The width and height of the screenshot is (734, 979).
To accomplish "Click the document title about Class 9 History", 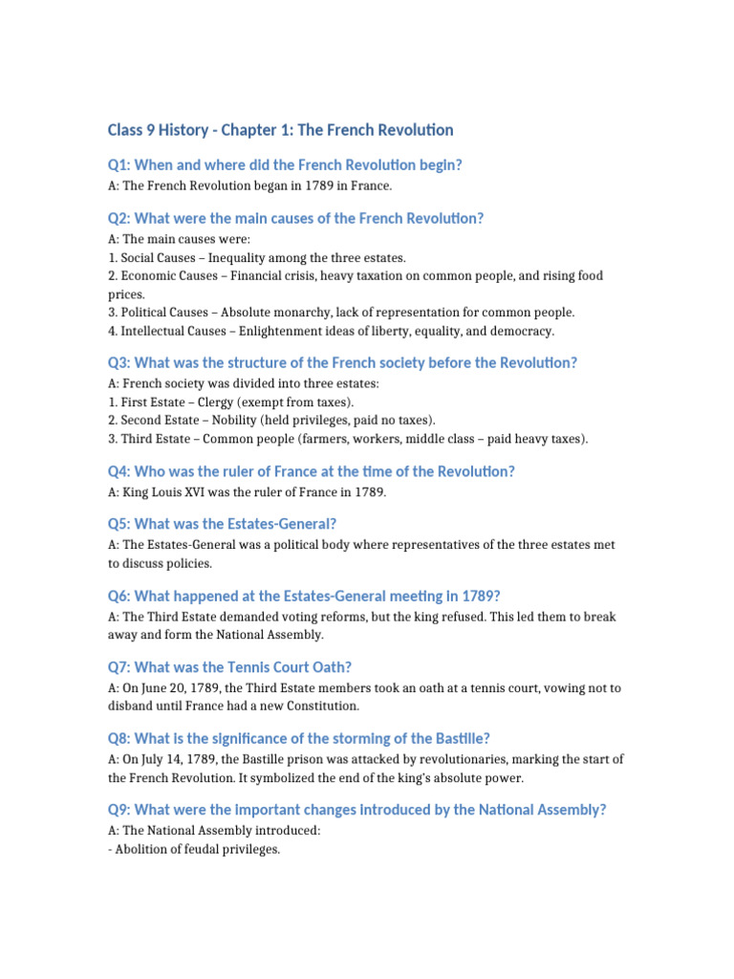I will point(280,130).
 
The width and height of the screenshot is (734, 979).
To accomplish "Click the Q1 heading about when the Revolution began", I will point(285,164).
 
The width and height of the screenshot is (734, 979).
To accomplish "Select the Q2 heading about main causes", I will point(295,218).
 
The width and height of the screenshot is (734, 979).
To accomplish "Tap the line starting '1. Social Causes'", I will point(257,257).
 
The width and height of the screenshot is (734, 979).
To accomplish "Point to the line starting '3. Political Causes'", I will point(341,312).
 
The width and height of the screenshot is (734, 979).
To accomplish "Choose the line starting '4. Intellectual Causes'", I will point(331,331).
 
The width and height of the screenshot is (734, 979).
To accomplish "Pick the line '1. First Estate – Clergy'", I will point(230,402).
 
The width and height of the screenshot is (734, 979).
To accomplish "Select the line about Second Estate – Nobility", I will point(271,420).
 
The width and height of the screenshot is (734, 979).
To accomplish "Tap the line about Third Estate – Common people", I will point(349,439).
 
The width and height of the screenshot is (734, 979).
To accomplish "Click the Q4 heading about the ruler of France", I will point(312,471).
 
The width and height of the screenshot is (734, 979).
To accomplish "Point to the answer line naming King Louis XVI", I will point(248,492).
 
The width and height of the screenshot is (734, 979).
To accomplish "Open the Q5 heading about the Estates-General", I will point(222,524).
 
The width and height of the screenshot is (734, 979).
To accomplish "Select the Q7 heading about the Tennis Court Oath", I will point(236,667).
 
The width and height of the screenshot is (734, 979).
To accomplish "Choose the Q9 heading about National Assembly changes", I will point(357,810).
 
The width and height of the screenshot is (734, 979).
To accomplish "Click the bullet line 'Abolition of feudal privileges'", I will point(194,849).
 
